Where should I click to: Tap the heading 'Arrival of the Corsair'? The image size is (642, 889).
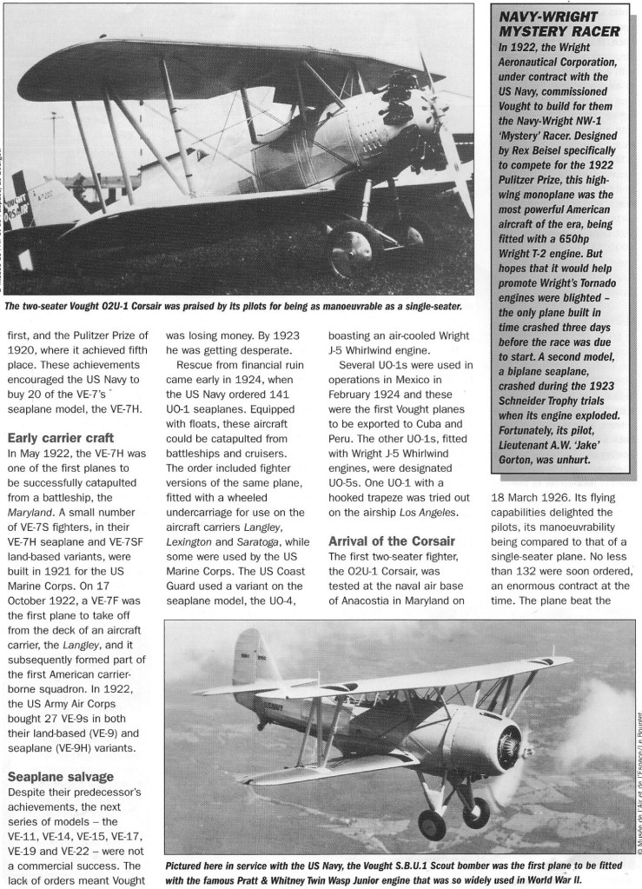tap(387, 541)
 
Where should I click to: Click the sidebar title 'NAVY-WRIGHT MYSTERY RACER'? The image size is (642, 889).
tap(561, 23)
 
